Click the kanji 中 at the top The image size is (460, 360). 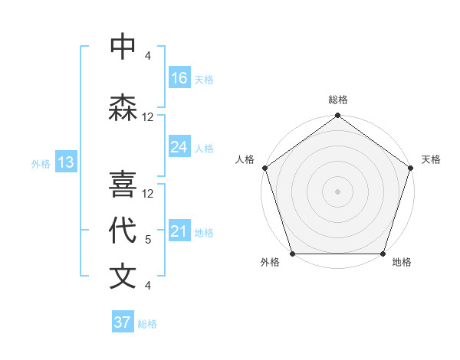(x=123, y=47)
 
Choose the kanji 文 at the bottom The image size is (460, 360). (x=123, y=277)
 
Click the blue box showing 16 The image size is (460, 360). (x=179, y=78)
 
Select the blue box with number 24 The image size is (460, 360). (x=179, y=147)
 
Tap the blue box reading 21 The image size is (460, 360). (x=179, y=231)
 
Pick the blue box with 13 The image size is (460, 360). (x=66, y=162)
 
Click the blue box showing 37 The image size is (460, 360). (x=123, y=322)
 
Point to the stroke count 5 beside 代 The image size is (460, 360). (x=148, y=240)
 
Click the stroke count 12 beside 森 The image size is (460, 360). (x=148, y=117)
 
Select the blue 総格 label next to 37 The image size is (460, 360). (x=147, y=324)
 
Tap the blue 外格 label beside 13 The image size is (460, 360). (x=40, y=163)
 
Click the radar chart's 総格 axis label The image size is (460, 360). (x=338, y=100)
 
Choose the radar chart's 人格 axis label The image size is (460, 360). (x=245, y=159)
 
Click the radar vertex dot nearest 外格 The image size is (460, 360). (x=292, y=254)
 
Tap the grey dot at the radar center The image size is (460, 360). (x=337, y=191)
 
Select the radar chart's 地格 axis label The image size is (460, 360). (x=402, y=263)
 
